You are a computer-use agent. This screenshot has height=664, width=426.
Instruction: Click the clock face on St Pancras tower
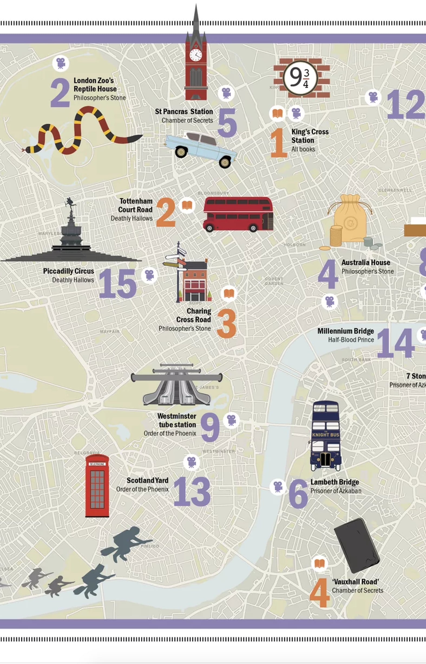[x=196, y=55]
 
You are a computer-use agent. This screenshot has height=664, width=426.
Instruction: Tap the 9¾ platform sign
[x=300, y=78]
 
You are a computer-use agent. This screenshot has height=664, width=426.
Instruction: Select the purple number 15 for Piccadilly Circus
[x=117, y=284]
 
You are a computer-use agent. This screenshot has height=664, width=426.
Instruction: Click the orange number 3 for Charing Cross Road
[x=227, y=324]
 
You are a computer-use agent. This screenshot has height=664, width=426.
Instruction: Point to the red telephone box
[x=97, y=486]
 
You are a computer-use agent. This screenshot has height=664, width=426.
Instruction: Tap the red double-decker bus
[x=238, y=214]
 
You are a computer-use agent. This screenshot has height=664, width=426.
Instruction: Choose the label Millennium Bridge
[x=346, y=331]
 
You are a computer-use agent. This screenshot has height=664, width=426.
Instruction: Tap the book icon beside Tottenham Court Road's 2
[x=187, y=205]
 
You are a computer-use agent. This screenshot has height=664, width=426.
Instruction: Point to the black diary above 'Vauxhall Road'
[x=356, y=545]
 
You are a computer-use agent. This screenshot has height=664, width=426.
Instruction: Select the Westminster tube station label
[x=177, y=420]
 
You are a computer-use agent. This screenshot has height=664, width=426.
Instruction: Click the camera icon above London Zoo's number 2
[x=61, y=63]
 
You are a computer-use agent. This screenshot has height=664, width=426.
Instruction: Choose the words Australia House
[x=366, y=262]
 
